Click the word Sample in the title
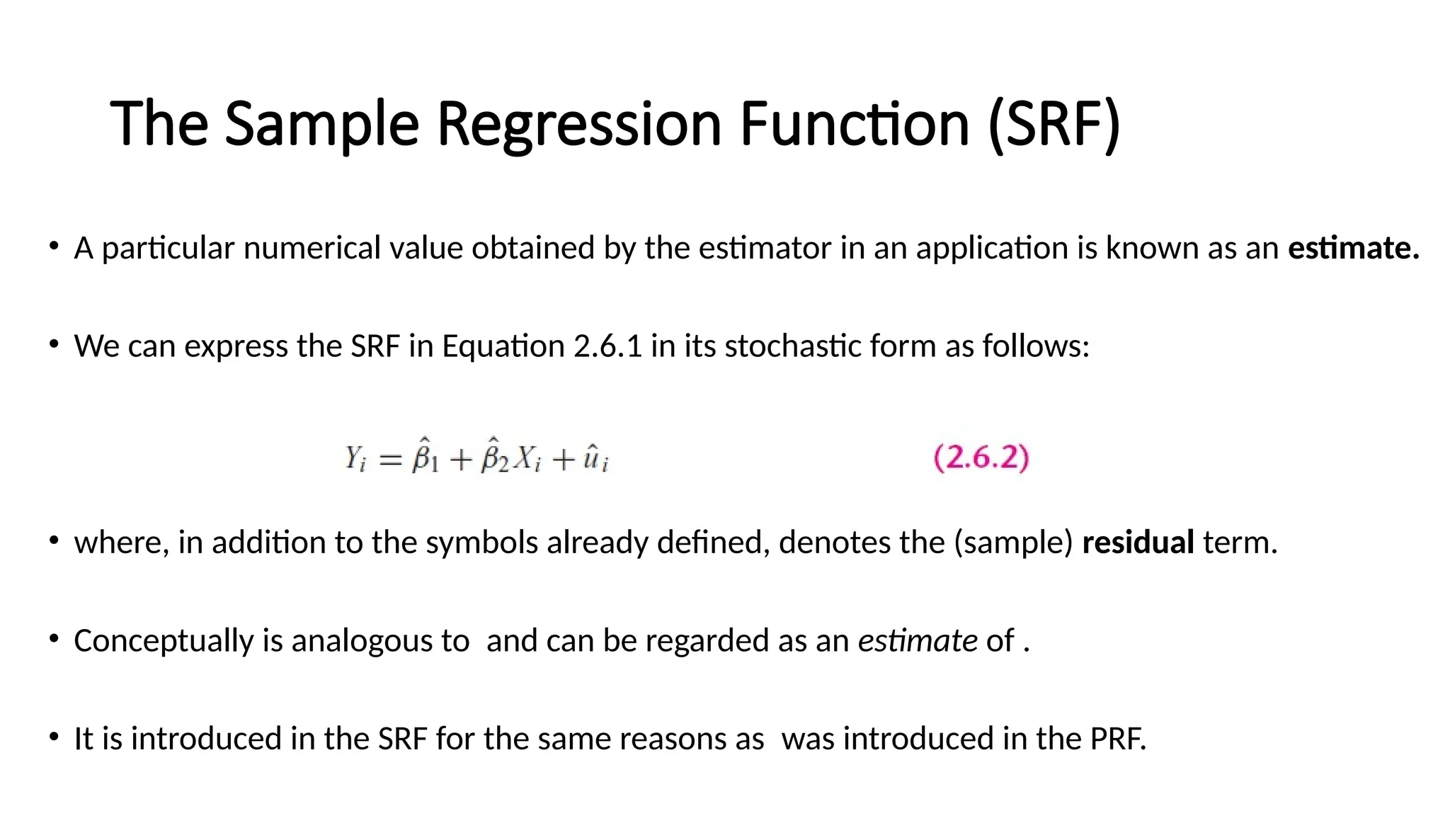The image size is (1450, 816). pos(322,125)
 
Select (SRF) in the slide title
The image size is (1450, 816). pos(1054,125)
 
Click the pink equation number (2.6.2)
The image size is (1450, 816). pos(981,458)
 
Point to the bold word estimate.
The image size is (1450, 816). pos(1353,248)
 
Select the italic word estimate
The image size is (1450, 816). pos(918,640)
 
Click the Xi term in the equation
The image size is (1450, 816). pos(527,459)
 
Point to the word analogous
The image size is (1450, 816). pos(379,641)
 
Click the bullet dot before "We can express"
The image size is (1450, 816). pos(54,345)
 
